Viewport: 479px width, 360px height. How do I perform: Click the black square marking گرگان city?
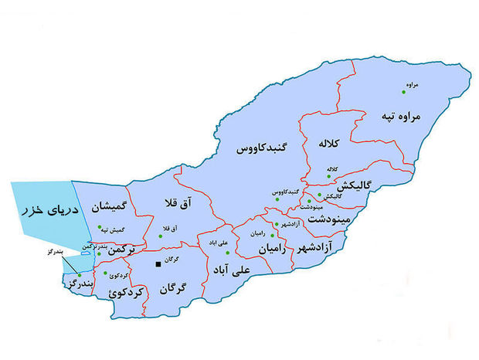point(158,264)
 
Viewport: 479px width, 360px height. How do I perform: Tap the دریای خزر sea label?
point(41,209)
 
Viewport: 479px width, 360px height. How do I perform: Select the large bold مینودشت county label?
point(331,219)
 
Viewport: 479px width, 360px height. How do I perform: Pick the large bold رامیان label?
point(272,250)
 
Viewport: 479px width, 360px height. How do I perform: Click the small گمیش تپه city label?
point(112,229)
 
